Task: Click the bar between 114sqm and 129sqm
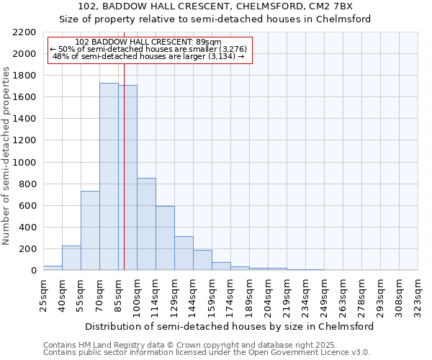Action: coord(165,238)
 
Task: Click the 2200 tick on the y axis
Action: coord(24,32)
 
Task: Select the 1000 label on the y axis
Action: coord(24,163)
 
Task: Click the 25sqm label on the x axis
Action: coord(44,292)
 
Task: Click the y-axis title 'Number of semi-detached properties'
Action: coord(7,156)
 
